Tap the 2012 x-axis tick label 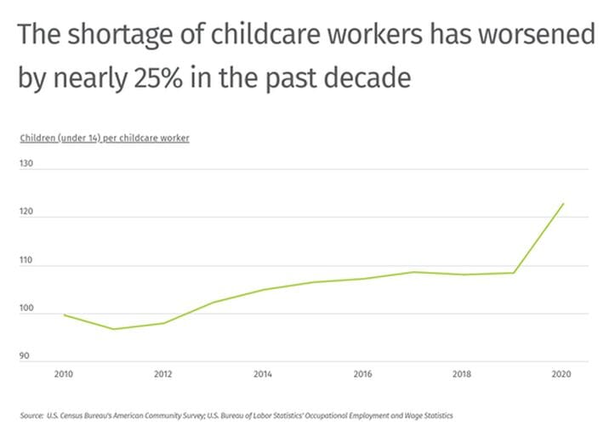[164, 373]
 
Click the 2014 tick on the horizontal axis [263, 373]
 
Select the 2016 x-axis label [363, 373]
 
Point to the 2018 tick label [463, 373]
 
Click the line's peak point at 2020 [563, 204]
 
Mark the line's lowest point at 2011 [114, 329]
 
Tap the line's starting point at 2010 [65, 315]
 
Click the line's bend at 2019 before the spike [514, 273]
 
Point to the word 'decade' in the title [374, 78]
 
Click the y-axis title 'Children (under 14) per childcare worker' [104, 138]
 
